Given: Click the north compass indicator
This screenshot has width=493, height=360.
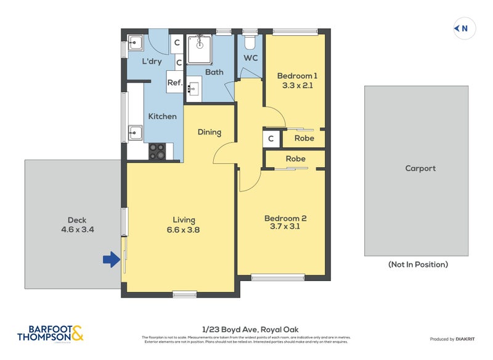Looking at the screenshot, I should (463, 28).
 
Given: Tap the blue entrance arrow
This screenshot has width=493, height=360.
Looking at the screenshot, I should (111, 260).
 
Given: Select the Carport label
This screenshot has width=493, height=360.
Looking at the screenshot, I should (420, 168).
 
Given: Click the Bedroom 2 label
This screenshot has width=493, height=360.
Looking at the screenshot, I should (285, 222).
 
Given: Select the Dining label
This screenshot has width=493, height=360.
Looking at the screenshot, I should (210, 132).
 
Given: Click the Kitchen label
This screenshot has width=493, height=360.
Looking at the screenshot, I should (162, 116).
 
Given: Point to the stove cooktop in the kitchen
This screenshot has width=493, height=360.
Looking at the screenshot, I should (157, 151).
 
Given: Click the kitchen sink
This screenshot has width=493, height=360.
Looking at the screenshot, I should (136, 133).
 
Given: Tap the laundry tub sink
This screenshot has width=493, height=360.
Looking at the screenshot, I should (136, 43).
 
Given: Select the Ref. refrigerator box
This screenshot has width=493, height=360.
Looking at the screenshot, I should (174, 82).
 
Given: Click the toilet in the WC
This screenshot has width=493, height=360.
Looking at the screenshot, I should (250, 41).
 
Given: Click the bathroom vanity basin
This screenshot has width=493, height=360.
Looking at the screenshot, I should (193, 88).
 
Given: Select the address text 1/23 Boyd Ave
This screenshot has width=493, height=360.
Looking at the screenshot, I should (246, 330).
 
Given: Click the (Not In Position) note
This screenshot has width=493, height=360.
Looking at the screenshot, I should (417, 264).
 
